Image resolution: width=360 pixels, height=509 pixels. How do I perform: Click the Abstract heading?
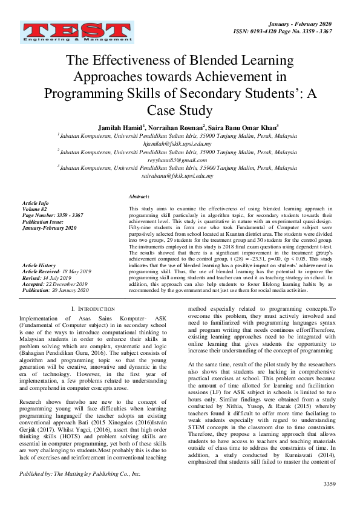(139, 197)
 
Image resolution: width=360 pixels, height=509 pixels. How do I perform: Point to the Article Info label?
(35, 203)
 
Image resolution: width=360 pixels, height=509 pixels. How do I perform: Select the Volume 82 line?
(34, 209)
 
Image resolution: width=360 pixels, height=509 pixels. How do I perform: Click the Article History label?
(38, 265)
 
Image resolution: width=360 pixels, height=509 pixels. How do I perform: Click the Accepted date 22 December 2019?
(65, 284)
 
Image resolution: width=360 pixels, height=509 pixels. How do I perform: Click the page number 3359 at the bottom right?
(329, 501)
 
